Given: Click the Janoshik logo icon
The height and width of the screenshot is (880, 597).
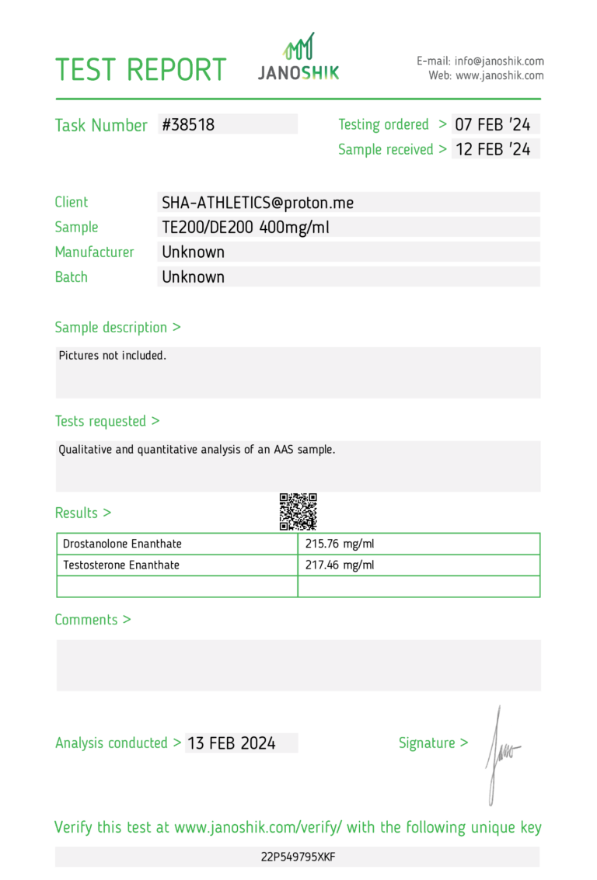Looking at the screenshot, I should coord(298,47).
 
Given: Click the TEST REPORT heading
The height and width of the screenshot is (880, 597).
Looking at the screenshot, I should coord(140,70).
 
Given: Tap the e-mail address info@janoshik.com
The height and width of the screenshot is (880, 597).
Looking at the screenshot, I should coord(499,61).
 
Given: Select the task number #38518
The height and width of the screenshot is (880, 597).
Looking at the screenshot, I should coord(188,124).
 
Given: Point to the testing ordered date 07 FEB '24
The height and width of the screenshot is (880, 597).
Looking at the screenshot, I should coord(493,124).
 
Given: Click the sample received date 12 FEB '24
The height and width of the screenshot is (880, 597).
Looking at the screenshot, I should coord(493,149).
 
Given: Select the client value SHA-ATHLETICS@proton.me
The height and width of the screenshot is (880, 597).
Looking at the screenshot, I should coord(257,203).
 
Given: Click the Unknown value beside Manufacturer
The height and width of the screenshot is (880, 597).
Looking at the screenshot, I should coord(193,252).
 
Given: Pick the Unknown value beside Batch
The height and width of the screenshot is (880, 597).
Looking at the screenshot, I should coord(193,277).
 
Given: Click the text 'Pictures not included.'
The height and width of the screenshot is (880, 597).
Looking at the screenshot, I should coord(113,356).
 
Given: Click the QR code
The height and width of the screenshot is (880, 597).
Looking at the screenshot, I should coord(298,512).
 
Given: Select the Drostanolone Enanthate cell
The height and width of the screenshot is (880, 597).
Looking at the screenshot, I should coord(122,544).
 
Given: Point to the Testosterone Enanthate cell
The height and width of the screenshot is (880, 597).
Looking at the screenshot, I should coord(121,565).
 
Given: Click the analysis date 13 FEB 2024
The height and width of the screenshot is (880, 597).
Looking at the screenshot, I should coord(232,743).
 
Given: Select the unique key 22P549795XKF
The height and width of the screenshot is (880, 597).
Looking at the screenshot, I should coord(298,857).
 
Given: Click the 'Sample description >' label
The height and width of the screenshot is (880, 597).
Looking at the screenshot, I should coord(117,328).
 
